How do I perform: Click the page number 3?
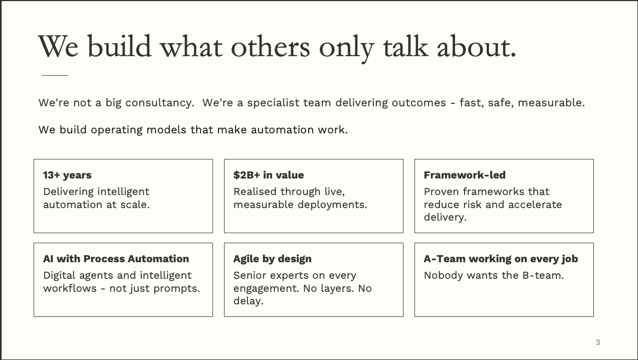[x=597, y=342]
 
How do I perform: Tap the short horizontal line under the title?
[x=55, y=75]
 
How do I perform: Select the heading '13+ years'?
[x=67, y=175]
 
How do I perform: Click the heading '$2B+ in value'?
[x=268, y=175]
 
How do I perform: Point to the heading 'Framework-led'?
[x=464, y=175]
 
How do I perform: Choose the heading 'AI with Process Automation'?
[x=116, y=259]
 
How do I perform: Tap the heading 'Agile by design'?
[x=272, y=259]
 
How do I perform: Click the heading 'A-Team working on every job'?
[x=500, y=259]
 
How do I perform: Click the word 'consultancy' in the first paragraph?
[x=159, y=103]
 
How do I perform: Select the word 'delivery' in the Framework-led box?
[x=444, y=217]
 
